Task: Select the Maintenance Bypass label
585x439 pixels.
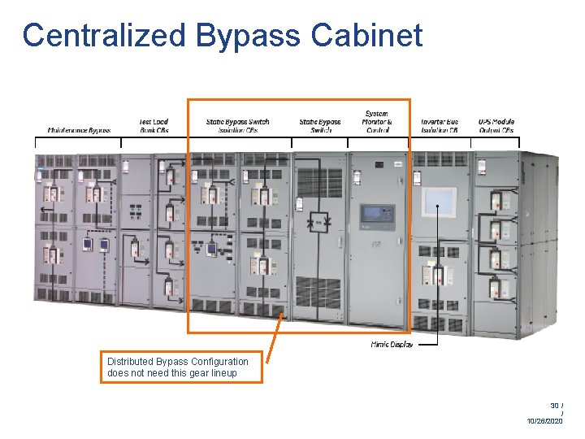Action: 78,130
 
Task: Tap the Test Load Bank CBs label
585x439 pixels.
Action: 153,126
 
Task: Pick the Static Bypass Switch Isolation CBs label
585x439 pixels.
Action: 237,126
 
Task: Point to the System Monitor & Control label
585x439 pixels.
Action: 376,122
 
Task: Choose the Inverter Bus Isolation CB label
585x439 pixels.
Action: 440,126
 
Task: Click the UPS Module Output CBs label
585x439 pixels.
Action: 496,126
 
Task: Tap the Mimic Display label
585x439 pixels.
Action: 392,345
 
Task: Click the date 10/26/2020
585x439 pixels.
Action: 544,421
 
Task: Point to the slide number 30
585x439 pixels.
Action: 555,405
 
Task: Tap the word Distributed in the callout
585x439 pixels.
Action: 130,362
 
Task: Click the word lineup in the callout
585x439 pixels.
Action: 221,373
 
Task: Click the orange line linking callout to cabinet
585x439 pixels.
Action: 274,341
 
